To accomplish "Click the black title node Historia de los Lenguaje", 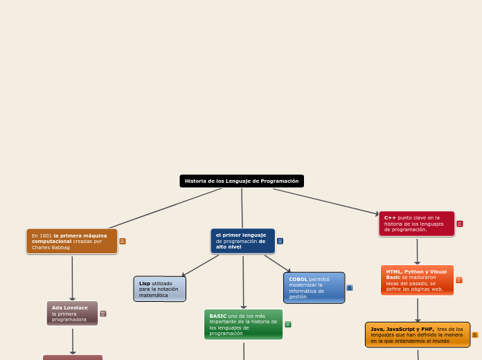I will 242,181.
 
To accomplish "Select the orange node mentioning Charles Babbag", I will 72,241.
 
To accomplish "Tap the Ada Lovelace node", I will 72,313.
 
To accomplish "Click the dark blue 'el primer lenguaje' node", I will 242,241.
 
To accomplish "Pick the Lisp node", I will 159,289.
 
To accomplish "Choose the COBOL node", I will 314,287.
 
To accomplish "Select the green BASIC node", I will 243,324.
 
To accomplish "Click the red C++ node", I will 416,224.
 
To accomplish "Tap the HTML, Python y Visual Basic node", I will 417,280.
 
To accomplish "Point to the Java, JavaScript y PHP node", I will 417,334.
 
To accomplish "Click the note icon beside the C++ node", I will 460,224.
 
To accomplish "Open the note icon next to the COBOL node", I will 350,287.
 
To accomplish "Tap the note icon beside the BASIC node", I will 288,324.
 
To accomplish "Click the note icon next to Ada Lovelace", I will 103,314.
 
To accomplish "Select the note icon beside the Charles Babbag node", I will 123,242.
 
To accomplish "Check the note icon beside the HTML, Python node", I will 459,280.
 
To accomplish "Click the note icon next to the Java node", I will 475,335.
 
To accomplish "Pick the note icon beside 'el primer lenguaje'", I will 280,241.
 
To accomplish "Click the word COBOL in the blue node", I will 298,279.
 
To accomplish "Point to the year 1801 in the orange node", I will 46,235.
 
